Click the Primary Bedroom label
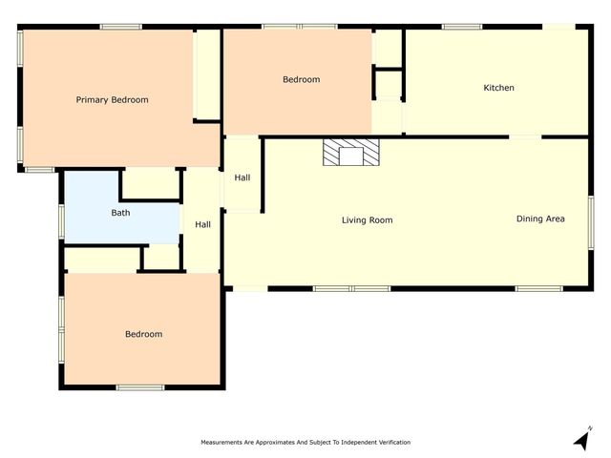pyautogui.click(x=112, y=99)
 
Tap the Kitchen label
pyautogui.click(x=498, y=88)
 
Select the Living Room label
pyautogui.click(x=367, y=220)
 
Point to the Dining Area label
pyautogui.click(x=540, y=219)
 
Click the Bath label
pyautogui.click(x=120, y=213)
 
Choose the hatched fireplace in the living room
pyautogui.click(x=350, y=154)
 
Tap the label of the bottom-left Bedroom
pyautogui.click(x=143, y=334)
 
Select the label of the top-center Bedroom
pyautogui.click(x=301, y=79)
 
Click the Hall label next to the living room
pyautogui.click(x=242, y=177)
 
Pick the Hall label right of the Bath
pyautogui.click(x=202, y=224)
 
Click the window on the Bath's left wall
pyautogui.click(x=62, y=220)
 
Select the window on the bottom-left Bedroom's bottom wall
pyautogui.click(x=140, y=386)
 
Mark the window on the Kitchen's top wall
pyautogui.click(x=462, y=27)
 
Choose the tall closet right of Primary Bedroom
pyautogui.click(x=206, y=74)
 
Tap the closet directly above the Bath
pyautogui.click(x=151, y=184)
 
